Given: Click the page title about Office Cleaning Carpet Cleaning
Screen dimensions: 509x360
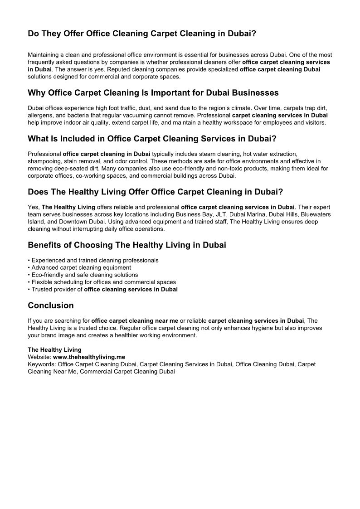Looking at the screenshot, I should point(142,34).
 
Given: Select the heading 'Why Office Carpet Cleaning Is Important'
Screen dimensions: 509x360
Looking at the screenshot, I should point(153,93).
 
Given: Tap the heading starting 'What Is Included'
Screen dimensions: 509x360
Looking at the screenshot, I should point(152,139).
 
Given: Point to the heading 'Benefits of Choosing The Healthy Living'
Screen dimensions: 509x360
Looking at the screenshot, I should point(126,245).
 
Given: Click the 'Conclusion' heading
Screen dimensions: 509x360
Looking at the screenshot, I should point(50,305).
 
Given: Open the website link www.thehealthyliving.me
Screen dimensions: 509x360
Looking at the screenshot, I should point(89,357).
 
